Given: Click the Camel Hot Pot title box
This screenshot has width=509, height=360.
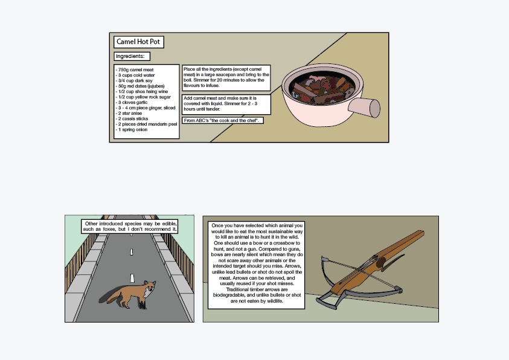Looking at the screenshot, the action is (x=139, y=42).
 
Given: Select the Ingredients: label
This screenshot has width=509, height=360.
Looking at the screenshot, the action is (x=132, y=56).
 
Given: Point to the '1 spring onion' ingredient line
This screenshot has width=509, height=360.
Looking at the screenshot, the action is (x=132, y=129).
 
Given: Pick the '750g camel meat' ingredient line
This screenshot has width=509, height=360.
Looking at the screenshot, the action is (x=135, y=70).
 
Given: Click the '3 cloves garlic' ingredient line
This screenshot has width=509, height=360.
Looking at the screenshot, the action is (x=132, y=102).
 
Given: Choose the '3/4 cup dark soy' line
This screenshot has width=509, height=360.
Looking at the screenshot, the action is (x=134, y=80).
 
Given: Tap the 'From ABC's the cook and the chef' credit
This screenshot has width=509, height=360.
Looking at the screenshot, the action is (x=222, y=120).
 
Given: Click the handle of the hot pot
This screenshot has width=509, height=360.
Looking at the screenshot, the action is (x=364, y=108).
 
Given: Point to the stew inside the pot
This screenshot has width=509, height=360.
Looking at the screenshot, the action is (x=322, y=88).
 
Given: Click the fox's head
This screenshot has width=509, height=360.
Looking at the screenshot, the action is (x=150, y=287).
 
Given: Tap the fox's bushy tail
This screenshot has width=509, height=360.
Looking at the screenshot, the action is (x=114, y=296).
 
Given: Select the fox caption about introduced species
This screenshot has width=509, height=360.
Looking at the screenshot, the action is (x=130, y=227).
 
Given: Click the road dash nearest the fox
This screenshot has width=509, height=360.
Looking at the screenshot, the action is (x=132, y=278).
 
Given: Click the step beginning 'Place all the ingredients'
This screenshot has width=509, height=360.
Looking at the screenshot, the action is (x=226, y=78).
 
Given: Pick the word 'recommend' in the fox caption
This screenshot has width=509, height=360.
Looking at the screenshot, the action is (x=158, y=229).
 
